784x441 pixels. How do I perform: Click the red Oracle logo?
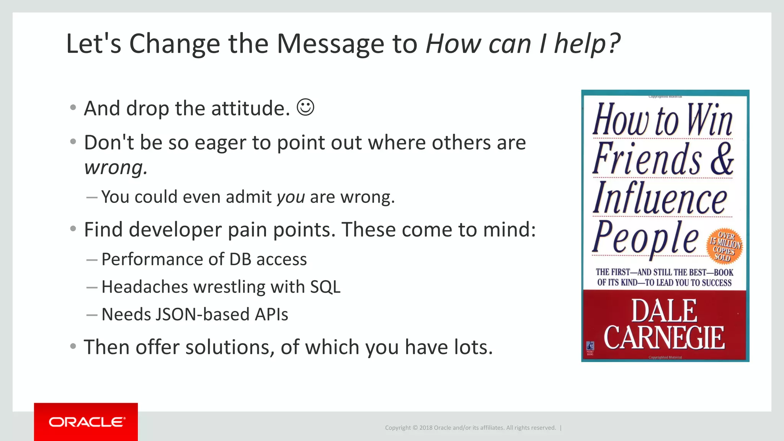[86, 422]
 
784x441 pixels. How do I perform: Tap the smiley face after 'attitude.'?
[305, 107]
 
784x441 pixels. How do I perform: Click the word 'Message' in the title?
[330, 44]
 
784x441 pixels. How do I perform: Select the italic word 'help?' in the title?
[587, 44]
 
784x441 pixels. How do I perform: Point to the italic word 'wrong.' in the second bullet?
[116, 168]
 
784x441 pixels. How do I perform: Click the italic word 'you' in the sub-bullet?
[291, 197]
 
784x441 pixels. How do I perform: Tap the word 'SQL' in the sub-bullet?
[325, 287]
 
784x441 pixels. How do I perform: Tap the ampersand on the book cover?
[722, 159]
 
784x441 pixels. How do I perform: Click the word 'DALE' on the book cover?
[664, 311]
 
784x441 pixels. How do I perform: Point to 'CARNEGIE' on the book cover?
[664, 338]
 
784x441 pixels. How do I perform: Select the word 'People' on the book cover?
[646, 238]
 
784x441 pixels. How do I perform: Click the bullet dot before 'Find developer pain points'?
[73, 229]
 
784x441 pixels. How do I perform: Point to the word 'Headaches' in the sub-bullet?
[145, 287]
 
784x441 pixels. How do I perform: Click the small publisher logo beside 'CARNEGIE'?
[590, 347]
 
